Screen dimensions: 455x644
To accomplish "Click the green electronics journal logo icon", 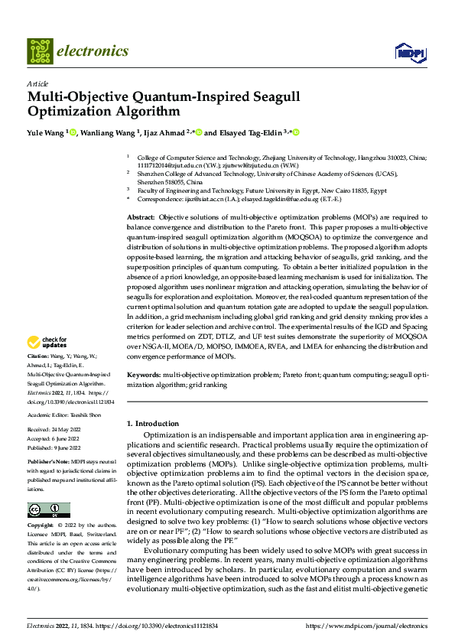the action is pyautogui.click(x=40, y=51).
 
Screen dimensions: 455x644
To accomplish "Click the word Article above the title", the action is pyautogui.click(x=37, y=83).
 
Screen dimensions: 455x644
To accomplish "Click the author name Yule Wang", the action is pyautogui.click(x=45, y=132).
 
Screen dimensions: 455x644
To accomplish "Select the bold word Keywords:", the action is pyautogui.click(x=143, y=376).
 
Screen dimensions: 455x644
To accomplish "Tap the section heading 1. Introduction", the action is pyautogui.click(x=152, y=423).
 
